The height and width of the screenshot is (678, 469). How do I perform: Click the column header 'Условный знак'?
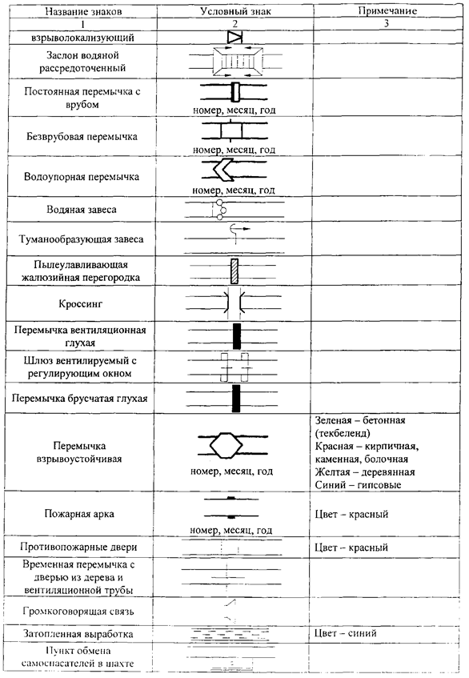pyautogui.click(x=235, y=11)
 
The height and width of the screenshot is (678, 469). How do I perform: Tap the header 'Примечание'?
pyautogui.click(x=387, y=11)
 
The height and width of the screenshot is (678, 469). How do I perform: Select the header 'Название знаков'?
pyautogui.click(x=83, y=12)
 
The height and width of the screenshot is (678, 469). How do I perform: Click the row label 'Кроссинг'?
pyautogui.click(x=80, y=304)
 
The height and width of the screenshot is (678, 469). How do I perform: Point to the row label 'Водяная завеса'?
pyautogui.click(x=82, y=210)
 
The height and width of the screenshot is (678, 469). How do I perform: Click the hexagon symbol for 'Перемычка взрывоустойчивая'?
pyautogui.click(x=226, y=445)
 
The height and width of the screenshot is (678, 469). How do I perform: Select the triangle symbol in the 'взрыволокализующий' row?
pyautogui.click(x=235, y=37)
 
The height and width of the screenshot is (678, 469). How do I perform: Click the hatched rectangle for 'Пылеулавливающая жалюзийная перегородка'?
pyautogui.click(x=234, y=271)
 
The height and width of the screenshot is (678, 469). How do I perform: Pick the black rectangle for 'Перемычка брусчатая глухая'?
pyautogui.click(x=236, y=399)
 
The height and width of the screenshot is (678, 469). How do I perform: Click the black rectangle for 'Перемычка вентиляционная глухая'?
pyautogui.click(x=237, y=336)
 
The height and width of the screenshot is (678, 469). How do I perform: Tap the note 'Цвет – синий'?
pyautogui.click(x=346, y=633)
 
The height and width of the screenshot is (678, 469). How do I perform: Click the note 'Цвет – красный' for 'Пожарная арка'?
pyautogui.click(x=351, y=515)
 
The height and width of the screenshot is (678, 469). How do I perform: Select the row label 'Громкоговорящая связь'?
pyautogui.click(x=78, y=612)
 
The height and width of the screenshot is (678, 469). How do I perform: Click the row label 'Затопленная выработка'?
pyautogui.click(x=78, y=634)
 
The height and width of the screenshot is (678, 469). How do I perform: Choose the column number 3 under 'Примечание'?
pyautogui.click(x=387, y=23)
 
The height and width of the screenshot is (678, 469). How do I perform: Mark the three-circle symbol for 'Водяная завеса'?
pyautogui.click(x=222, y=210)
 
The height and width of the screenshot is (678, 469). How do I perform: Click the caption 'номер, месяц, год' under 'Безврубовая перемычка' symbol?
pyautogui.click(x=234, y=150)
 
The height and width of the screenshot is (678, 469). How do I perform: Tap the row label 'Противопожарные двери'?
pyautogui.click(x=78, y=547)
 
